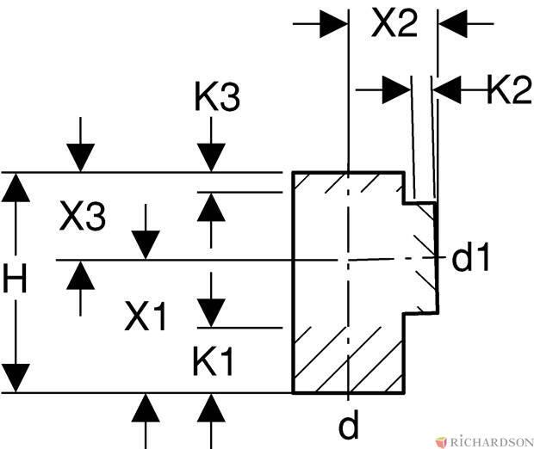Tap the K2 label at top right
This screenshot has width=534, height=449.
(509, 89)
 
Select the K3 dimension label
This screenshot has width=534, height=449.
(213, 99)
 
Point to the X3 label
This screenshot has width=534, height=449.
(83, 218)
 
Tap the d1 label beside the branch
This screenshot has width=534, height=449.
(470, 257)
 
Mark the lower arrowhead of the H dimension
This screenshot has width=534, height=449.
(16, 378)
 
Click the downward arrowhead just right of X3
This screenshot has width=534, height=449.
(146, 244)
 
